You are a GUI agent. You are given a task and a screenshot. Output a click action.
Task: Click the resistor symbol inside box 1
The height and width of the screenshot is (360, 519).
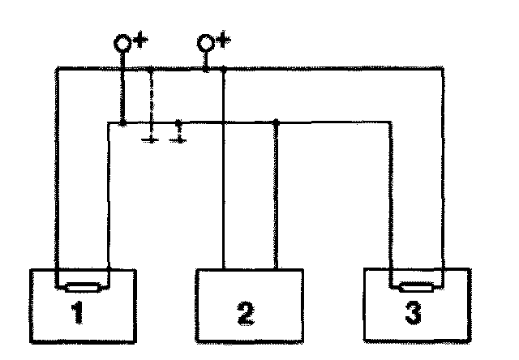point(83,286)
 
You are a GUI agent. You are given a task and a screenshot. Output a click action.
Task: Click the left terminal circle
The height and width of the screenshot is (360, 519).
point(122,43)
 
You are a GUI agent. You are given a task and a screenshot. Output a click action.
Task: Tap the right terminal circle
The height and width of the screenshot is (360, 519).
point(207,43)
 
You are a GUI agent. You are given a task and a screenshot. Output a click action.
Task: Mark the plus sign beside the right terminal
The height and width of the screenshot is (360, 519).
point(223,41)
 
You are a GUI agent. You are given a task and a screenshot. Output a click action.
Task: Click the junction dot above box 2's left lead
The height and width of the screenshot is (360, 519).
point(223,71)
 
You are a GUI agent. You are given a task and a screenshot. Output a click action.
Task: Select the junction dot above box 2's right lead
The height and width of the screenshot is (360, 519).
point(277,122)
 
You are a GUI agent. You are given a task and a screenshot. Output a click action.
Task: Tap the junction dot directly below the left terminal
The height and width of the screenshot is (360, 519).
point(122,122)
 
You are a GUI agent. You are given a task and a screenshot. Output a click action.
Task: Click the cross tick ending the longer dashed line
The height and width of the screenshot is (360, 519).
point(151,139)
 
